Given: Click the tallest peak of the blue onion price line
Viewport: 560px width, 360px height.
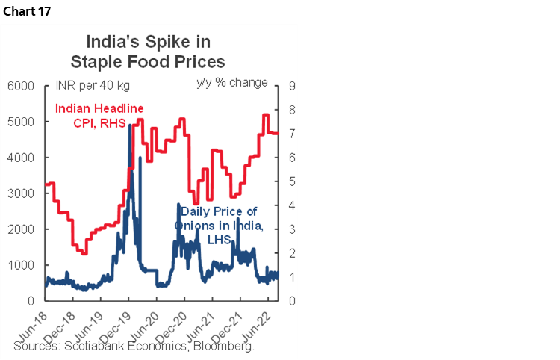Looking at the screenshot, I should coord(131,125).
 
